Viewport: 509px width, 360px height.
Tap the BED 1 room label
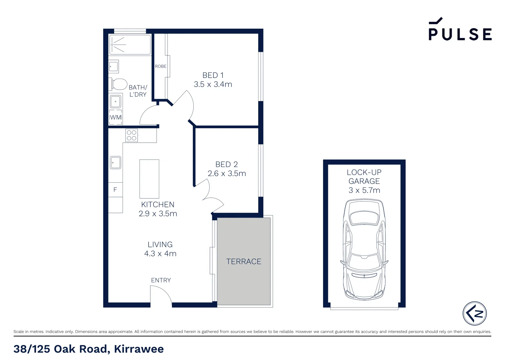pyautogui.click(x=213, y=75)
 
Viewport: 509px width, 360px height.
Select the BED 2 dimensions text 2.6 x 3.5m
pyautogui.click(x=227, y=174)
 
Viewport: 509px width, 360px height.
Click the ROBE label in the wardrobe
pyautogui.click(x=161, y=66)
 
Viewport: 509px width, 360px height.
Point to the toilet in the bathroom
pyautogui.click(x=118, y=84)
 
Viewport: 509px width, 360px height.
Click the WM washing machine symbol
pyautogui.click(x=116, y=117)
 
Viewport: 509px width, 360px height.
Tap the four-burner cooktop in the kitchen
pyautogui.click(x=132, y=135)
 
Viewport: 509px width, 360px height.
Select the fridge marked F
pyautogui.click(x=115, y=190)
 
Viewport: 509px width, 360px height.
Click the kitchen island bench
pyautogui.click(x=149, y=179)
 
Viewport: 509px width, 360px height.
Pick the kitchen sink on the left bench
pyautogui.click(x=116, y=163)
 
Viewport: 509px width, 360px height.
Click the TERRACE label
pyautogui.click(x=244, y=262)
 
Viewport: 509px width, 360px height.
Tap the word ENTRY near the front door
pyautogui.click(x=161, y=280)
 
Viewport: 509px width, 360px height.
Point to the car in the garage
pyautogui.click(x=364, y=249)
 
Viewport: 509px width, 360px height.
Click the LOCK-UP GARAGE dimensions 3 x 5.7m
pyautogui.click(x=364, y=190)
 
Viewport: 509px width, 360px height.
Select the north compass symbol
pyautogui.click(x=475, y=313)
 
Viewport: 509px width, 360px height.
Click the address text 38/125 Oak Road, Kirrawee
pyautogui.click(x=89, y=349)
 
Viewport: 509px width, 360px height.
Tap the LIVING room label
pyautogui.click(x=160, y=245)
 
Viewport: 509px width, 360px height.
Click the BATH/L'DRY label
pyautogui.click(x=138, y=91)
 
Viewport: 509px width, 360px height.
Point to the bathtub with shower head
pyautogui.click(x=130, y=44)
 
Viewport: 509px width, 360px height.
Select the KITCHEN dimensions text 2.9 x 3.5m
pyautogui.click(x=158, y=214)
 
